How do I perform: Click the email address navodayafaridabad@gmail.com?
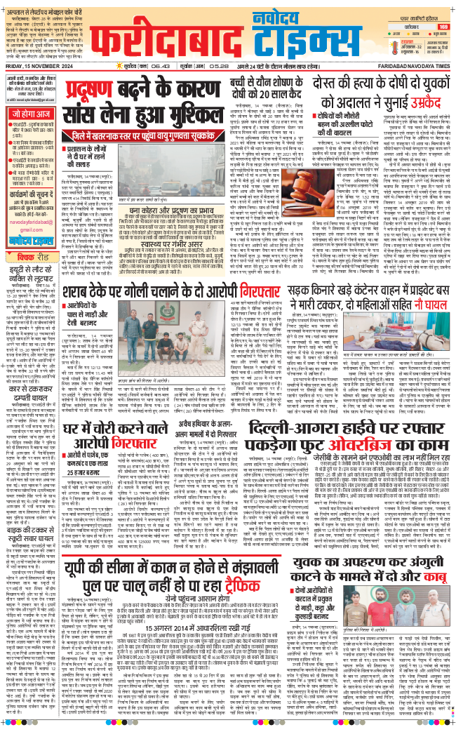(32, 208)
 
